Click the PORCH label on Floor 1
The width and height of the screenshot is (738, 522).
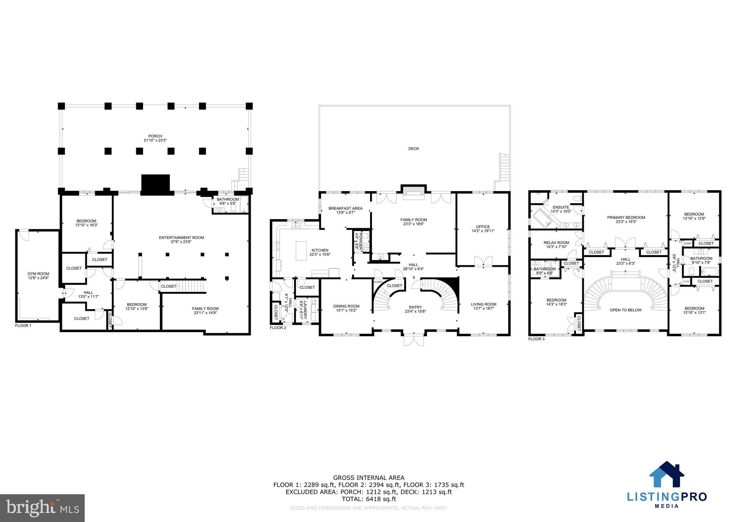pos(155,136)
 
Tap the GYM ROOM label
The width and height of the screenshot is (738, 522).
pos(38,274)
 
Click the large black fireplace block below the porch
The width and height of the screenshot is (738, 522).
pos(155,185)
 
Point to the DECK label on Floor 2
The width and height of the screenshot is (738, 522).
pos(413,149)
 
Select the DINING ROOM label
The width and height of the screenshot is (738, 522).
pos(346,306)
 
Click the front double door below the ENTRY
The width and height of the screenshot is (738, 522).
pos(414,340)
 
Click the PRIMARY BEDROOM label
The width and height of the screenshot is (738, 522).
pos(626,217)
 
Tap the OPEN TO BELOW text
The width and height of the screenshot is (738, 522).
pos(625,310)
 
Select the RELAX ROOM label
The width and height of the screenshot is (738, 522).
pos(556,243)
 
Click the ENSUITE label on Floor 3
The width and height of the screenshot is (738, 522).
pos(561,207)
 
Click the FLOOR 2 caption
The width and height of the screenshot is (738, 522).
pos(278,328)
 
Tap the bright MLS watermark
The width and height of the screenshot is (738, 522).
pos(43,508)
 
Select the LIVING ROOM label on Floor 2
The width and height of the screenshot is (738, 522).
pos(483,304)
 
